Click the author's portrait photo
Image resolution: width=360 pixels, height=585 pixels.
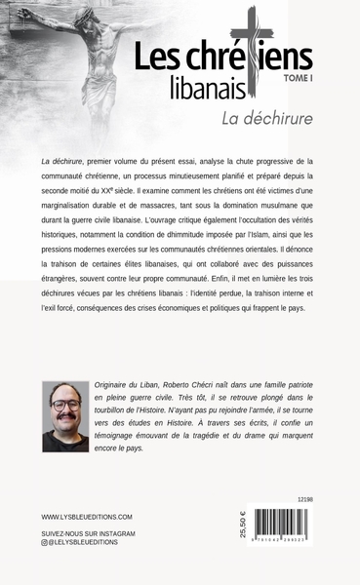[65, 416]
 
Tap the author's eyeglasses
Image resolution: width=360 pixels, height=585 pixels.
[65, 408]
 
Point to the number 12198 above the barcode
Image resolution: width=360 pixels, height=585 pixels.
[304, 500]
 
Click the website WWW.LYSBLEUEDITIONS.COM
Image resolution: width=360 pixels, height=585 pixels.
[87, 517]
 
